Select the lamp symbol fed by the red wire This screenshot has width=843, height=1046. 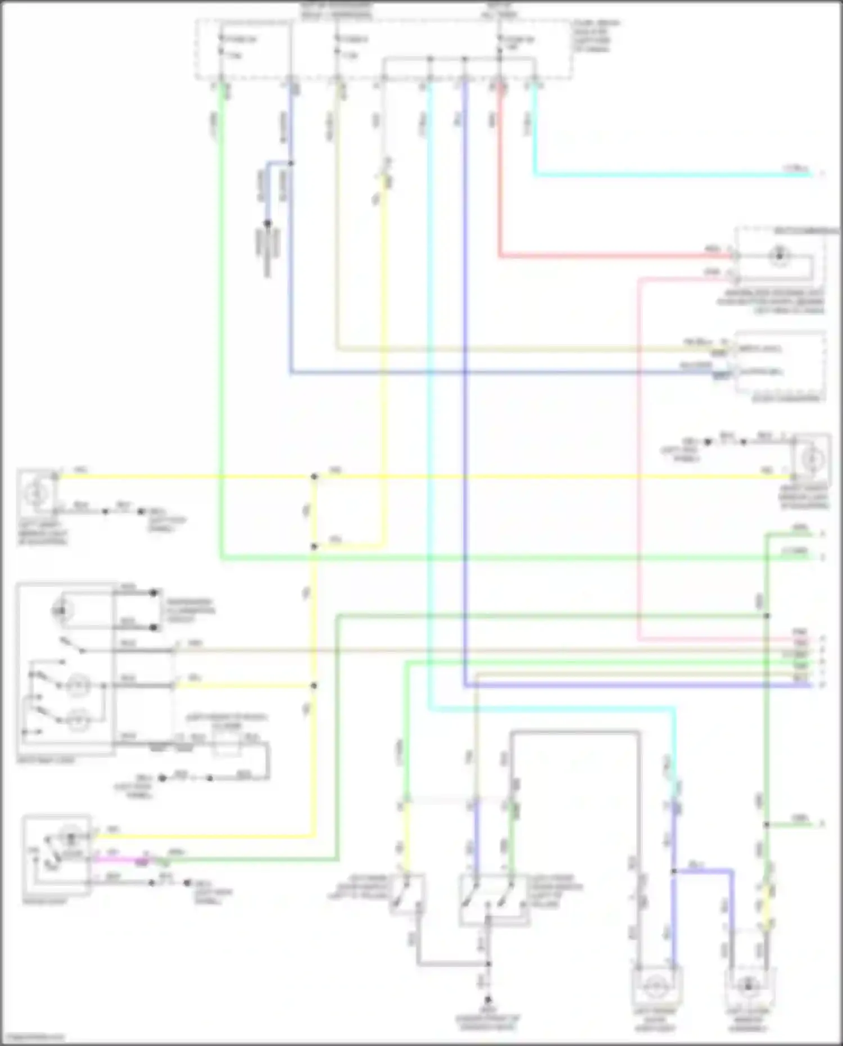tap(779, 256)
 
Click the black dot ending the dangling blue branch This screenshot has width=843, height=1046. tap(268, 223)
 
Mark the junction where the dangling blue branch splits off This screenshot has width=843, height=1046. tap(291, 164)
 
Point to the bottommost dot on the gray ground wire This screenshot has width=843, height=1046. tap(488, 999)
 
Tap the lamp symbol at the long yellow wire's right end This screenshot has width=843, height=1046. tap(811, 460)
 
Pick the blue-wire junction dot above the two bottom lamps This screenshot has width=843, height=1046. tap(673, 871)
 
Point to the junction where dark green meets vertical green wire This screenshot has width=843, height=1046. tap(767, 616)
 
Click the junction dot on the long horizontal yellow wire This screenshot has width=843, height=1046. tap(314, 477)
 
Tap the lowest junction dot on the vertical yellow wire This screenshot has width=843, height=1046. tap(314, 686)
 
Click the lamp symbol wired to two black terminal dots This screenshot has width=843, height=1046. tap(62, 610)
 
